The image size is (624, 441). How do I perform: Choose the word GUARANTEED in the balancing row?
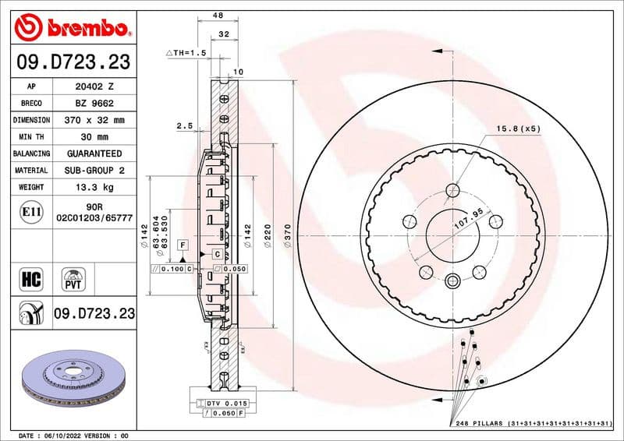click(94, 154)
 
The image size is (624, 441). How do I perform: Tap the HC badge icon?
click(32, 277)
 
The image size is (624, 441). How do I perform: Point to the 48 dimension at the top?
click(218, 15)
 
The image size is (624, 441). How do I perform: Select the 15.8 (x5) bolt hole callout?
click(516, 129)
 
